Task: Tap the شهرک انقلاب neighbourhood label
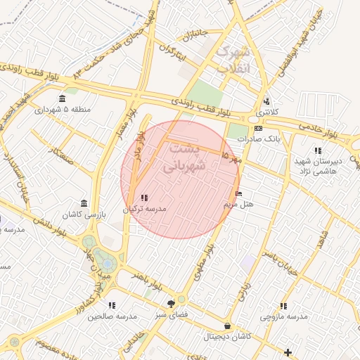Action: pyautogui.click(x=233, y=60)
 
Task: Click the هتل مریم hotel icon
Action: pyautogui.click(x=239, y=194)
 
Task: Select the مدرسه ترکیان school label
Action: pyautogui.click(x=144, y=209)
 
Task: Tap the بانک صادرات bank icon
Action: pyautogui.click(x=258, y=129)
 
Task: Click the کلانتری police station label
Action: pyautogui.click(x=266, y=112)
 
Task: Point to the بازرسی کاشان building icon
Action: pyautogui.click(x=84, y=203)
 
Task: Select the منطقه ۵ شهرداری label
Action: pyautogui.click(x=62, y=110)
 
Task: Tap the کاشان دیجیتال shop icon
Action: pyautogui.click(x=227, y=326)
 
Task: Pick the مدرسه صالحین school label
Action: pyautogui.click(x=111, y=316)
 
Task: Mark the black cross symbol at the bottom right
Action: pyautogui.click(x=288, y=352)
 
